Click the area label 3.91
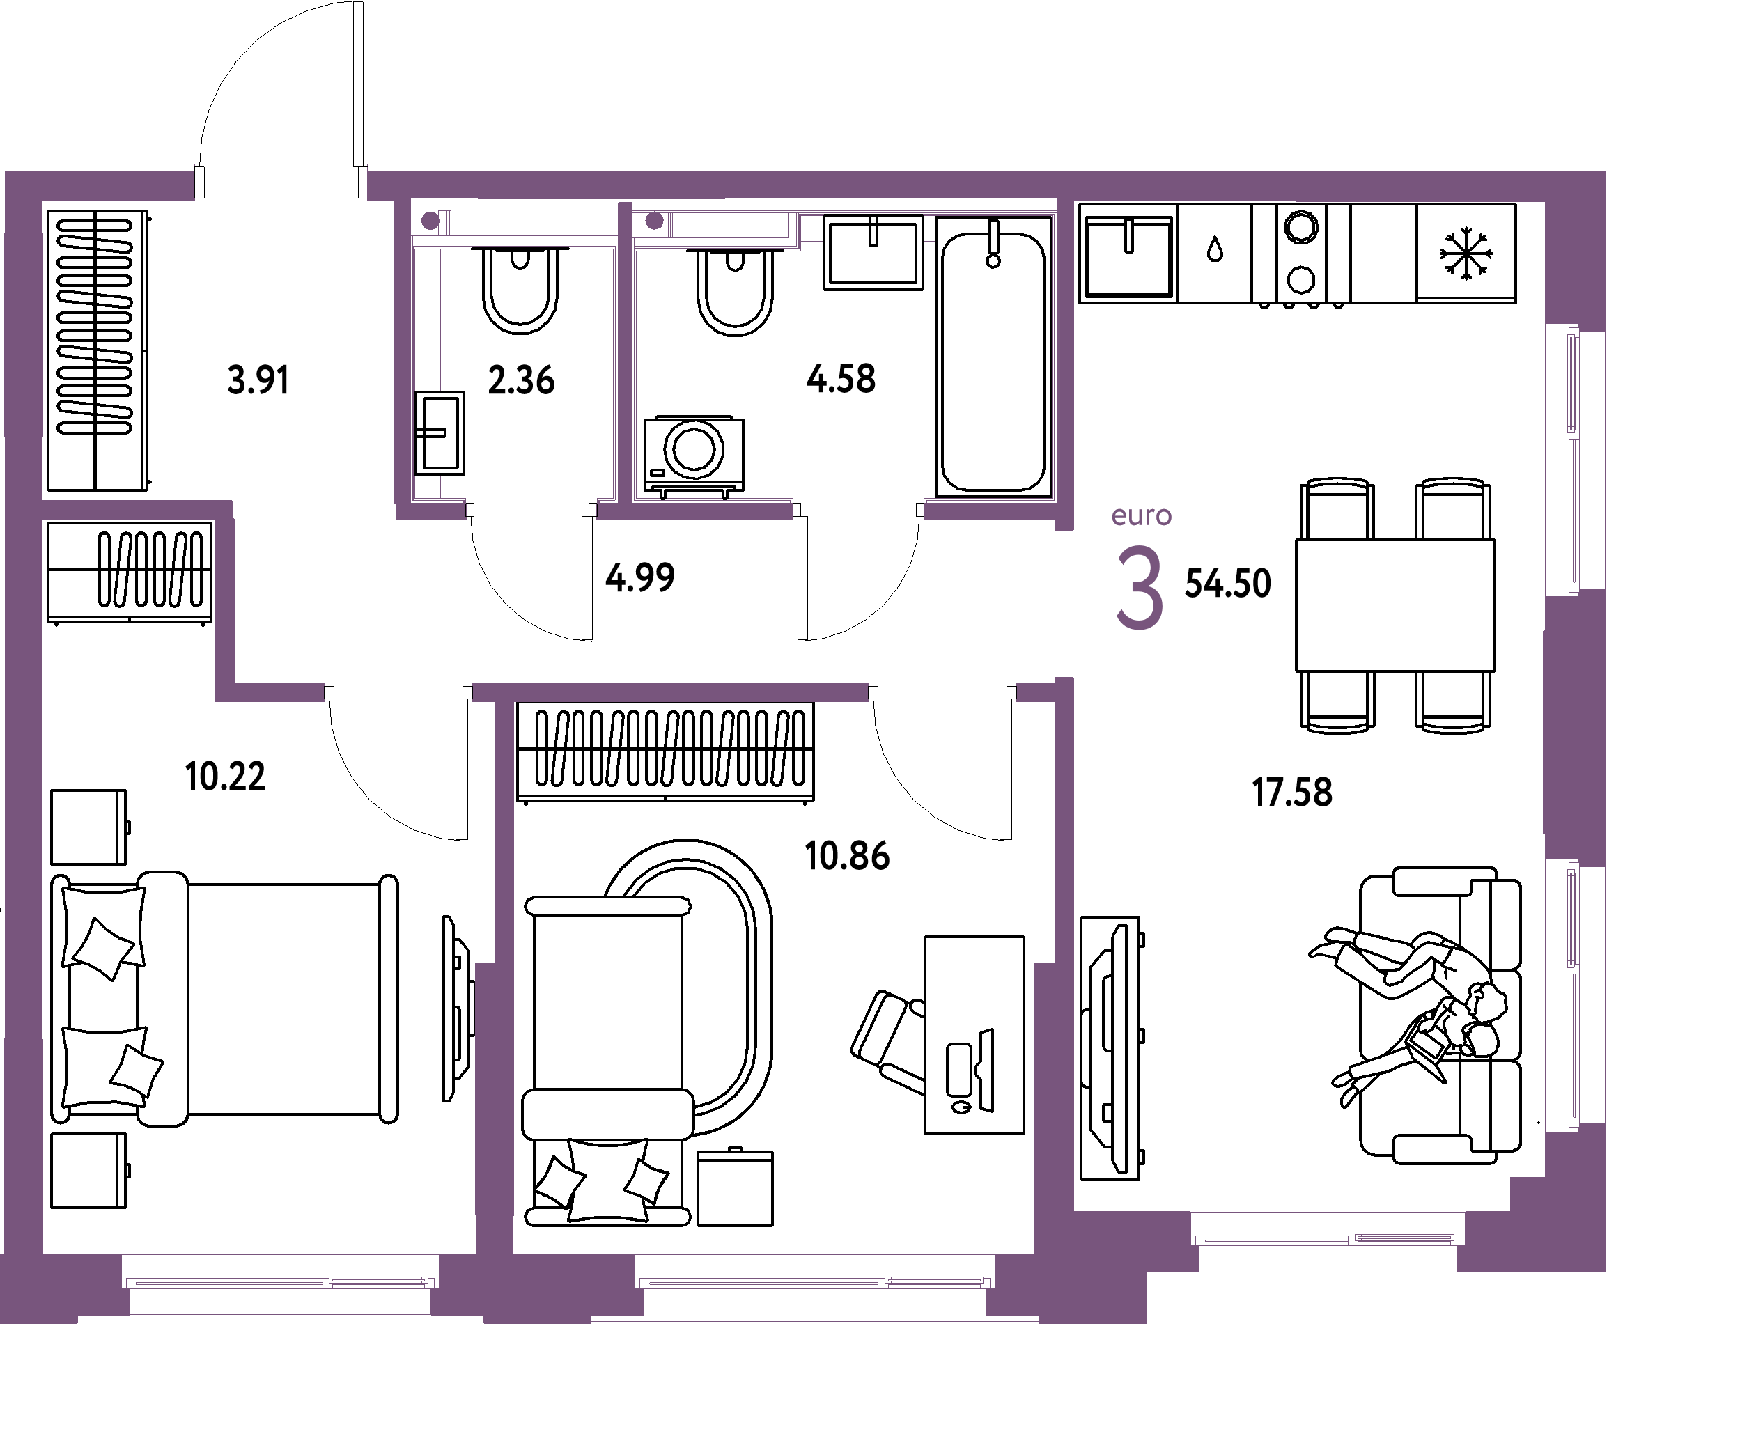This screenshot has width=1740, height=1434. [x=258, y=380]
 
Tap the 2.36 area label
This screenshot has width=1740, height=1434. [x=520, y=380]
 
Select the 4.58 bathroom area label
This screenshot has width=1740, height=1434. [x=840, y=378]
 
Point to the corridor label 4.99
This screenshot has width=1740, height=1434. [x=639, y=577]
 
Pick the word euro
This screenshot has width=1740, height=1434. [x=1141, y=515]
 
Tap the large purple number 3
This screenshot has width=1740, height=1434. [x=1140, y=587]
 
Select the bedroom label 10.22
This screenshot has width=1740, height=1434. [x=225, y=777]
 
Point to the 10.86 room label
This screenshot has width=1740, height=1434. [x=847, y=856]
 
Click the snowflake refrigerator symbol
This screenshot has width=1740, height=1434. [x=1466, y=254]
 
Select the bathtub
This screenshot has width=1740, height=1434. [x=994, y=357]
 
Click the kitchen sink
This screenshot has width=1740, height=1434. [x=1128, y=255]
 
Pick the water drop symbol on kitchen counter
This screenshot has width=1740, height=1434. [x=1215, y=249]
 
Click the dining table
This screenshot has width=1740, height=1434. [x=1395, y=605]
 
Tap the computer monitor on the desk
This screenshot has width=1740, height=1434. [x=986, y=1070]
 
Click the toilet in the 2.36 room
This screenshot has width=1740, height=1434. [x=520, y=290]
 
